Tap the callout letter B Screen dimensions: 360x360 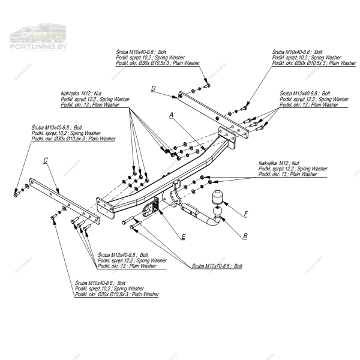[x=245, y=236]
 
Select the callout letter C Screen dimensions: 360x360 [x=46, y=160]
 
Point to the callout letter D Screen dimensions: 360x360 [x=154, y=89]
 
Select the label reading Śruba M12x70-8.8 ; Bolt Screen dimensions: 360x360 [x=217, y=265]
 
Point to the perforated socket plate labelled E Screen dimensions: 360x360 [x=151, y=207]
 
